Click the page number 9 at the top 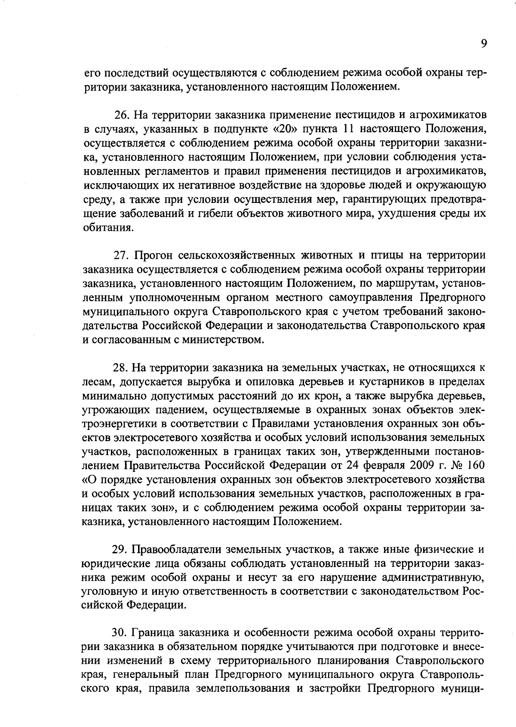(484, 44)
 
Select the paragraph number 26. (122, 115)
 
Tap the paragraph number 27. (121, 255)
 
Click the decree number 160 (476, 466)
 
